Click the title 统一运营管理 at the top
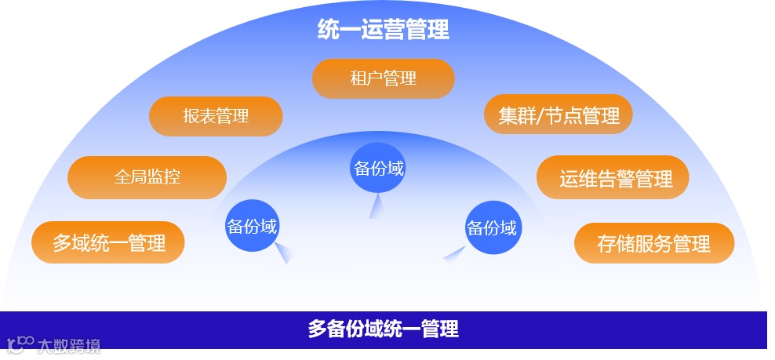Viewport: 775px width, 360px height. [383, 30]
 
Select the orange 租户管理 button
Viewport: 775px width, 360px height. [383, 78]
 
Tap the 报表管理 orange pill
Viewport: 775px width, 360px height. [216, 116]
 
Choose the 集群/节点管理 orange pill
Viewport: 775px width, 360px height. [559, 115]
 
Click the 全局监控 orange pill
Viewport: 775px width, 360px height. [147, 177]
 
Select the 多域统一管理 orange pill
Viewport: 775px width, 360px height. [108, 243]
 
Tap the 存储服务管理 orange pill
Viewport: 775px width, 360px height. [654, 243]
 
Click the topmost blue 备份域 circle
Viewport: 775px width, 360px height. [378, 167]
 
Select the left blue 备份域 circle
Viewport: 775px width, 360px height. [252, 227]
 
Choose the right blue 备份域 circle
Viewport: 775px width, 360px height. [493, 228]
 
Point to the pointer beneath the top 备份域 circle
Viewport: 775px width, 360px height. [376, 205]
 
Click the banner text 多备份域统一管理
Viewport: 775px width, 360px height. [383, 329]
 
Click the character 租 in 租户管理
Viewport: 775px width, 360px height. [358, 78]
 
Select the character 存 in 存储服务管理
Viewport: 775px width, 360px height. [606, 243]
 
